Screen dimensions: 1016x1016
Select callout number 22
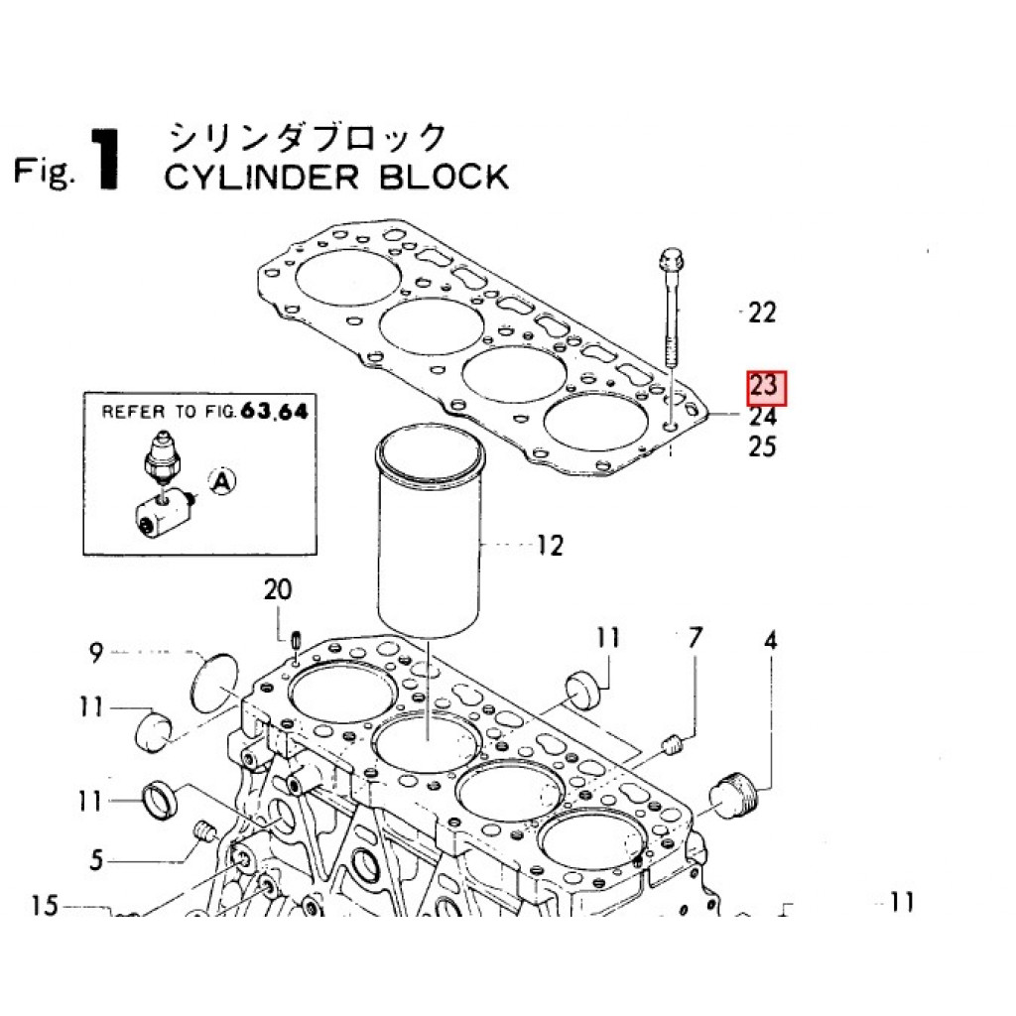click(x=762, y=314)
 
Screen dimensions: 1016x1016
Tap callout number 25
click(x=762, y=446)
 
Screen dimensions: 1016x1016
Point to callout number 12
click(x=550, y=545)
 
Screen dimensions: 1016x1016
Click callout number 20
click(x=278, y=591)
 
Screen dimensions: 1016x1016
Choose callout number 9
click(x=96, y=653)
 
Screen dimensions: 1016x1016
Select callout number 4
click(x=770, y=640)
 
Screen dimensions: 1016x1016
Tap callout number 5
click(x=96, y=859)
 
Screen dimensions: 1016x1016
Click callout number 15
click(x=46, y=905)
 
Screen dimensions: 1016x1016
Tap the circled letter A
click(x=223, y=482)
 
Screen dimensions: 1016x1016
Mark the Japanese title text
click(x=307, y=136)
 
